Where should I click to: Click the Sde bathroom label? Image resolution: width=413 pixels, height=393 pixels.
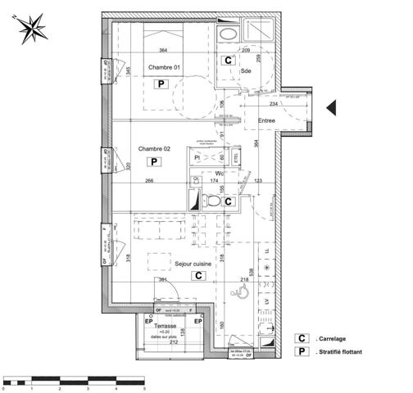pos(245,71)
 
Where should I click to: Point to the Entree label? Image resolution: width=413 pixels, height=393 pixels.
pos(267,120)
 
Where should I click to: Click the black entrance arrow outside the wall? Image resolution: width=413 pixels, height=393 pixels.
pos(332,107)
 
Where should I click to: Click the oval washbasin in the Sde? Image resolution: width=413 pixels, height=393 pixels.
pos(228,33)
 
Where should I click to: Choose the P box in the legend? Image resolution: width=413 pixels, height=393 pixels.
pos(302,353)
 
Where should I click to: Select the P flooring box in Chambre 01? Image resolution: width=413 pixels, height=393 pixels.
pos(161,84)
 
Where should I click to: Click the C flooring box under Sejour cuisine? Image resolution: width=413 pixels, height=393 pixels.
pos(197,276)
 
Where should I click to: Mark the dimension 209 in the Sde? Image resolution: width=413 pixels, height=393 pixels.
pos(245,51)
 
